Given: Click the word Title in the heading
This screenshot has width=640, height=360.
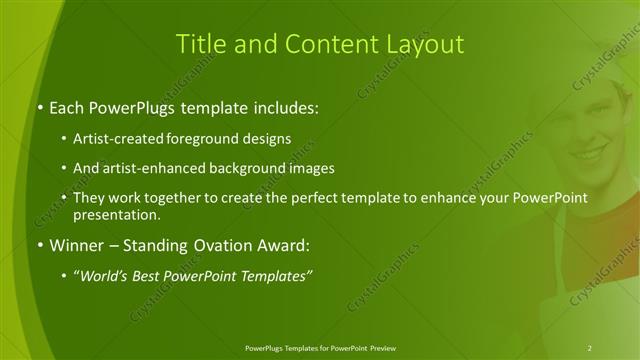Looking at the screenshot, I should click(197, 44).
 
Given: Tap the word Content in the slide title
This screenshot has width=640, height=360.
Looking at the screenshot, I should click(325, 44).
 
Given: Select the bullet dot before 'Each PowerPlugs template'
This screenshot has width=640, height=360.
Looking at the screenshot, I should click(38, 105).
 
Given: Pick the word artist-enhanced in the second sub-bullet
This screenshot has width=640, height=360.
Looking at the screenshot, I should click(151, 168).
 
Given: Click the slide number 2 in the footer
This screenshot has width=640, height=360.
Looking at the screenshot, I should click(589, 348).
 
